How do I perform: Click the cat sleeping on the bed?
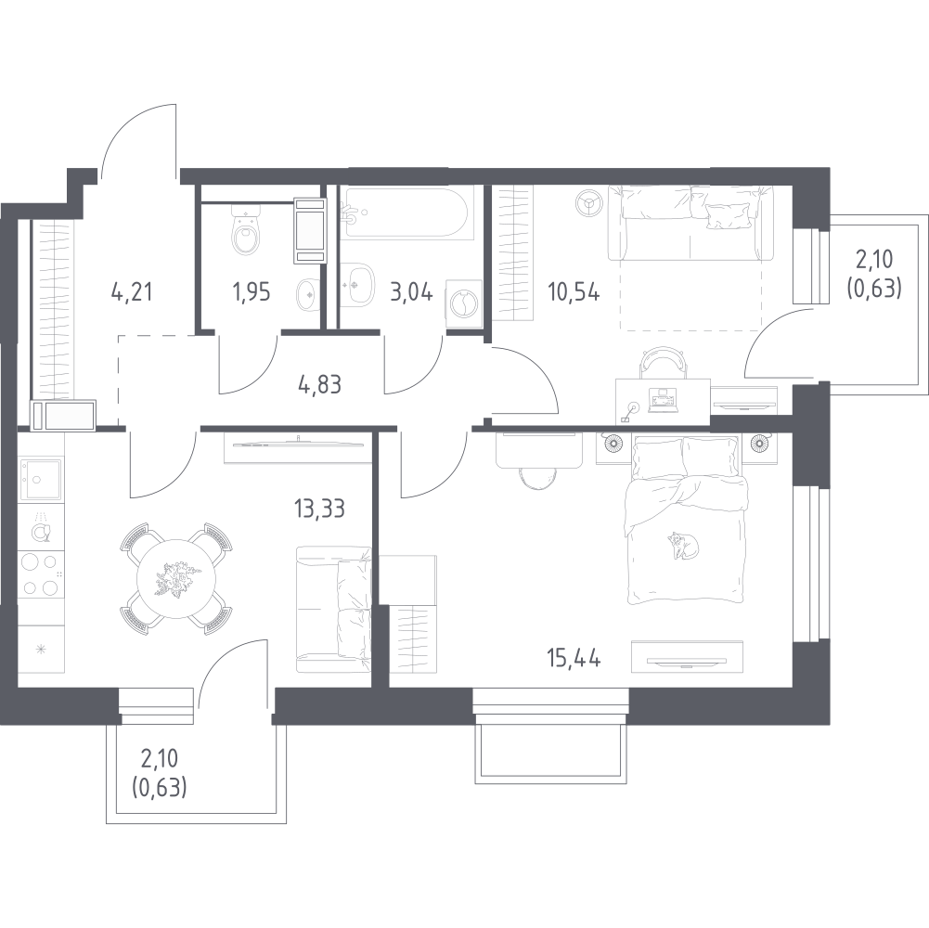(x=683, y=545)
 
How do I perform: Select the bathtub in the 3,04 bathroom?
(x=407, y=213)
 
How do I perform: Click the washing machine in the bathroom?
(x=463, y=303)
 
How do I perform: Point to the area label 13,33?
(x=319, y=509)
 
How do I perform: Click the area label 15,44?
(x=574, y=658)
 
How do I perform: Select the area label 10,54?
(x=574, y=292)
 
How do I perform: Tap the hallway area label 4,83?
(x=320, y=384)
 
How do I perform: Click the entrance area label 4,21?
(x=132, y=291)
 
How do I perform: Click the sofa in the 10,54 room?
(x=690, y=222)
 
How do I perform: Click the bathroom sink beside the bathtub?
(x=357, y=285)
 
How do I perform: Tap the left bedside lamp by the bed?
(x=612, y=443)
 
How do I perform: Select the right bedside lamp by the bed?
(x=760, y=443)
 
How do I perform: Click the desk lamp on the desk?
(x=630, y=411)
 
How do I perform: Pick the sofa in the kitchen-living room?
(x=333, y=610)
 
